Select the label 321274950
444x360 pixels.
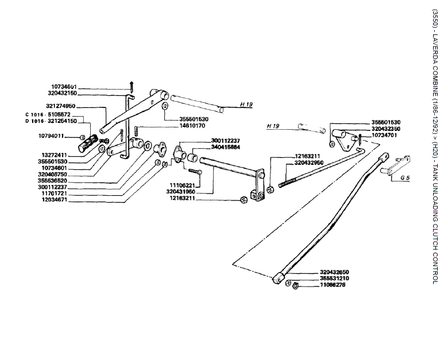pos(61,106)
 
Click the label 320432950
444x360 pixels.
pos(311,163)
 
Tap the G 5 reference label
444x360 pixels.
pos(406,178)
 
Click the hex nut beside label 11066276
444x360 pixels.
pos(295,285)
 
